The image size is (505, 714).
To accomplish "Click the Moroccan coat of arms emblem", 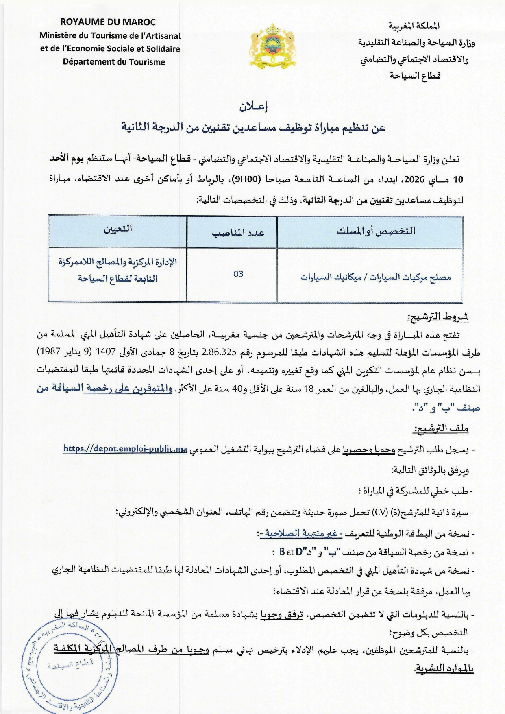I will [x=272, y=46].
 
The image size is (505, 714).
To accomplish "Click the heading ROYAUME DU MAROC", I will [x=108, y=22].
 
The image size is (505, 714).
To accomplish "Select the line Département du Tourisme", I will [x=114, y=62].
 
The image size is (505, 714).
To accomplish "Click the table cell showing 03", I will [x=238, y=274].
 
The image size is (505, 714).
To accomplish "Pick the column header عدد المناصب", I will [x=238, y=232].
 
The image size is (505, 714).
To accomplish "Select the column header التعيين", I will [x=118, y=229].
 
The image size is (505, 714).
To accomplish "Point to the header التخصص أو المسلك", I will [x=376, y=231].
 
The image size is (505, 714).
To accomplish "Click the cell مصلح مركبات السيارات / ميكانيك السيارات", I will [x=376, y=277].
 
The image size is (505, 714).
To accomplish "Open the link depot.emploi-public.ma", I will [x=125, y=449].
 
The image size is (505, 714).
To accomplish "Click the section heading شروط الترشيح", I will [x=438, y=317].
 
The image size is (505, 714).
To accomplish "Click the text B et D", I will [x=291, y=552].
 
